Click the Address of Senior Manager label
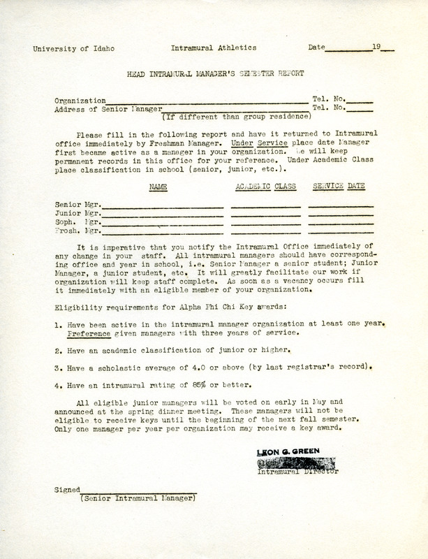(108, 109)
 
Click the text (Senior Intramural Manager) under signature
(139, 500)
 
